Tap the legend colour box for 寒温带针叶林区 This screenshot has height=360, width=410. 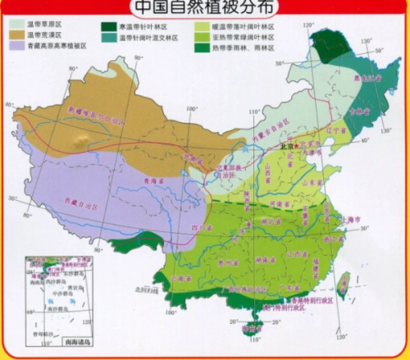point(107,26)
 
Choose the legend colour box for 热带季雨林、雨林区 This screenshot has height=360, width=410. point(199,48)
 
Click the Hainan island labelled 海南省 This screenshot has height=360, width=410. point(249,330)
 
